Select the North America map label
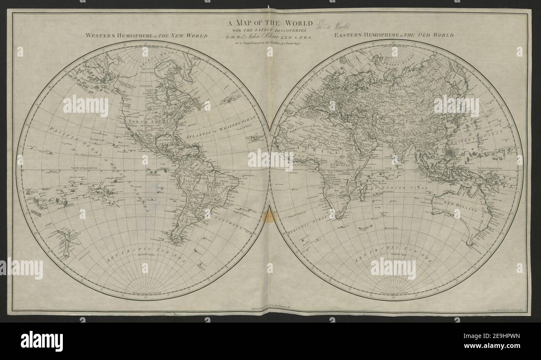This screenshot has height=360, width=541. (x=142, y=122)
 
